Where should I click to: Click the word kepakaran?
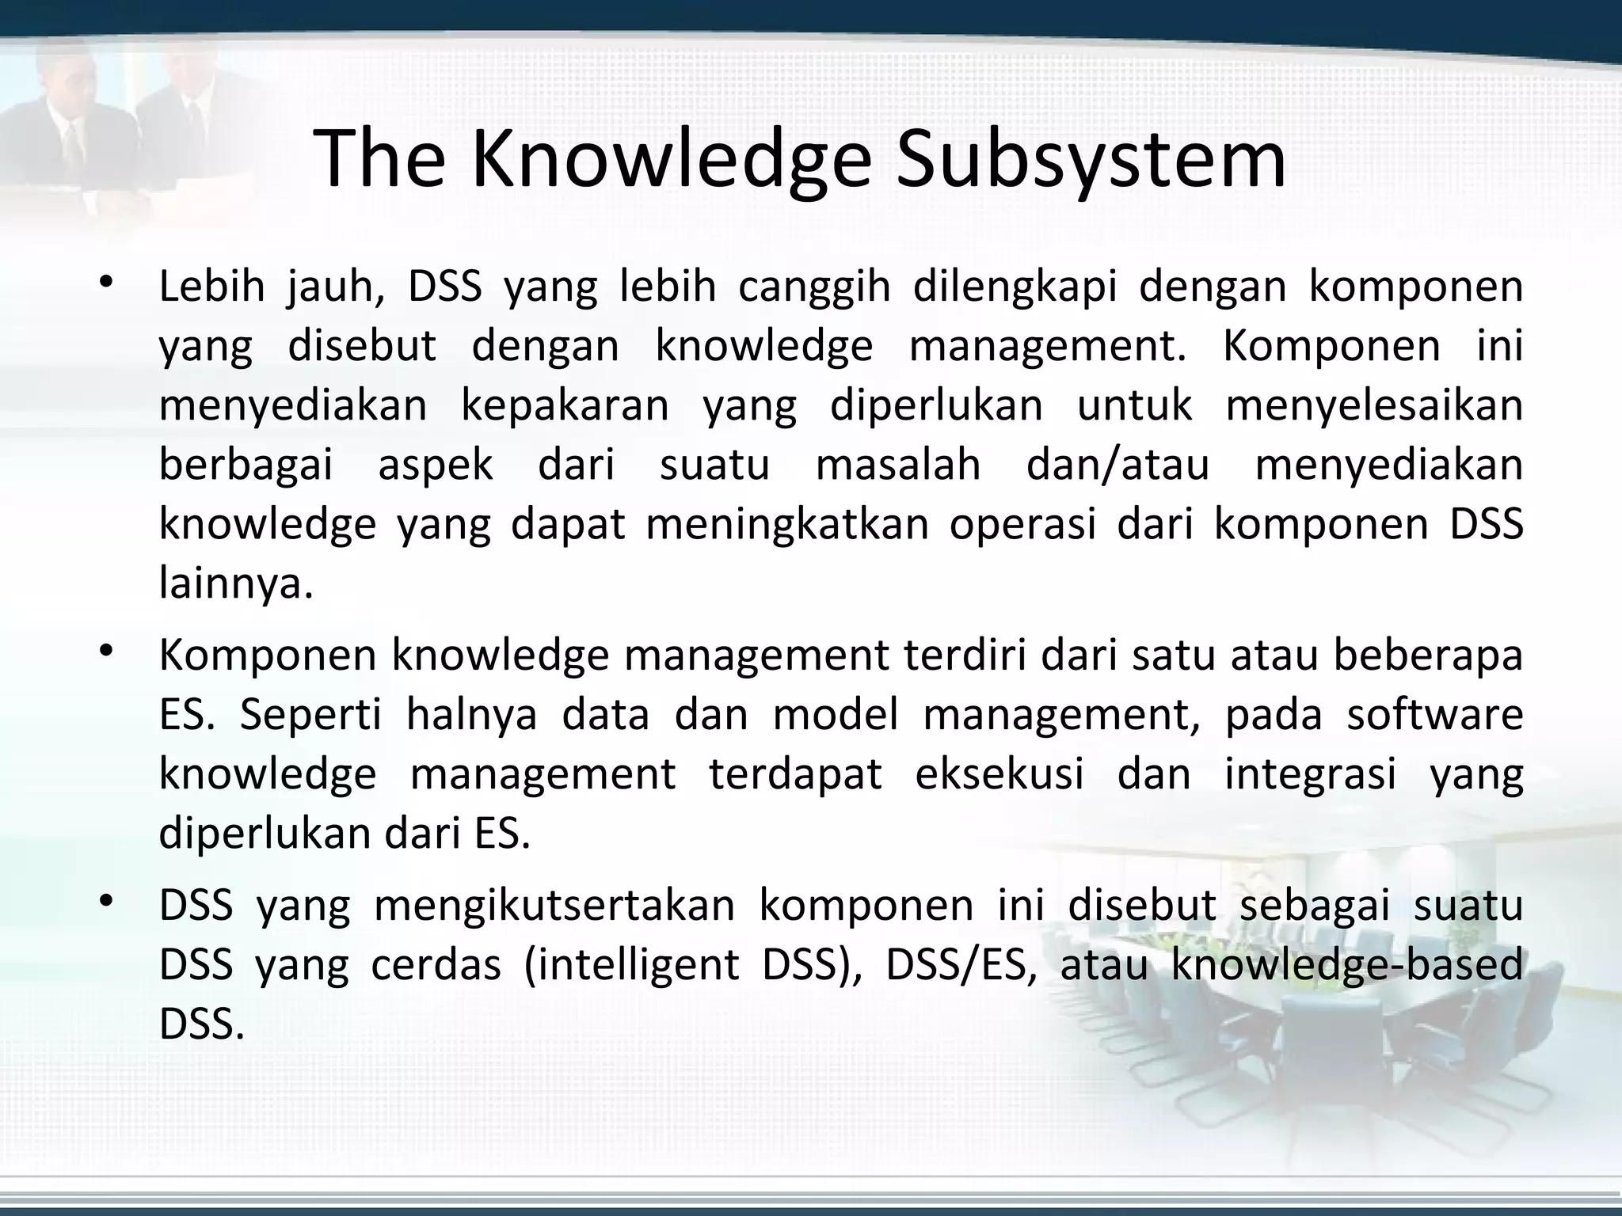[x=565, y=405]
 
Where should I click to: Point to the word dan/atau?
[x=1118, y=465]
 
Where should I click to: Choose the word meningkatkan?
[x=787, y=524]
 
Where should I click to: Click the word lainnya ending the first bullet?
[x=235, y=584]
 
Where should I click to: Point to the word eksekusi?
[x=999, y=773]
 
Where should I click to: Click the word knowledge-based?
[x=1346, y=965]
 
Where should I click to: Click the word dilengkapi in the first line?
[x=1015, y=287]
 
